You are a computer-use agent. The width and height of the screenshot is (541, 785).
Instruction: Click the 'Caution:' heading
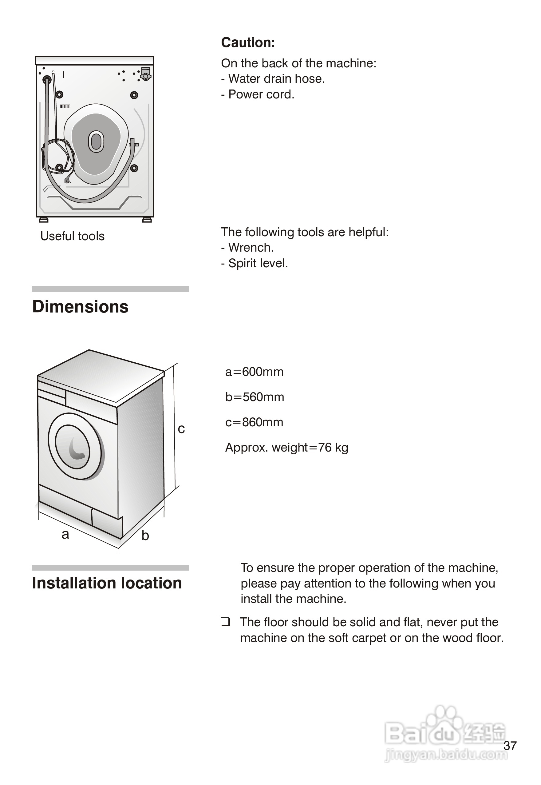tap(248, 43)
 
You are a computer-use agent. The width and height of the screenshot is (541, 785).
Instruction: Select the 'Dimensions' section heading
tap(80, 307)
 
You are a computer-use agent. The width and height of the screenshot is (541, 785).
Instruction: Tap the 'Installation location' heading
tap(107, 583)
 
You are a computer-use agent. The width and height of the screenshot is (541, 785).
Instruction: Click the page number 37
tap(510, 746)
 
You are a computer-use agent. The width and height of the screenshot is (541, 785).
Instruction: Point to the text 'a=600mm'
tap(254, 372)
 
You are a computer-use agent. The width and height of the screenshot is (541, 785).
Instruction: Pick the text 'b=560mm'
tap(255, 397)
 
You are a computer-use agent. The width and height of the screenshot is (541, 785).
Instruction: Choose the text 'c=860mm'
tap(254, 422)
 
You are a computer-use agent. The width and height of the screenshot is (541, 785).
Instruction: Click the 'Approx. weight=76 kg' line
tap(286, 448)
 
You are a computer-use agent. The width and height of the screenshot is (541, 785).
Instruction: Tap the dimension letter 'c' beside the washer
tap(181, 429)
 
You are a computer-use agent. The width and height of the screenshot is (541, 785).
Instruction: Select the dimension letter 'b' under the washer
tap(145, 536)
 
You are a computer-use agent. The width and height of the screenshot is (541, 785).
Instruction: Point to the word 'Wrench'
tap(250, 248)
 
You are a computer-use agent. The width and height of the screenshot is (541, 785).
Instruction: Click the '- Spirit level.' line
tap(254, 263)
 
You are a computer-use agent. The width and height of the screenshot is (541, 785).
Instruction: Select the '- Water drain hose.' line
tap(273, 79)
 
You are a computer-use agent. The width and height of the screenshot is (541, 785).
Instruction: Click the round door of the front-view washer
tap(75, 446)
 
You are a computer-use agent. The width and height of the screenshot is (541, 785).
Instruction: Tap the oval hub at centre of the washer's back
tap(96, 141)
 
